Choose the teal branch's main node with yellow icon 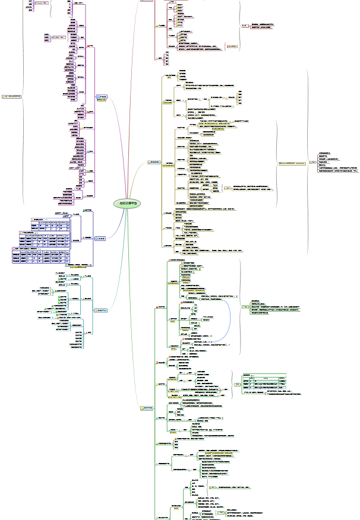[x=101, y=310]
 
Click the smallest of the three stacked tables [x=50, y=226]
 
